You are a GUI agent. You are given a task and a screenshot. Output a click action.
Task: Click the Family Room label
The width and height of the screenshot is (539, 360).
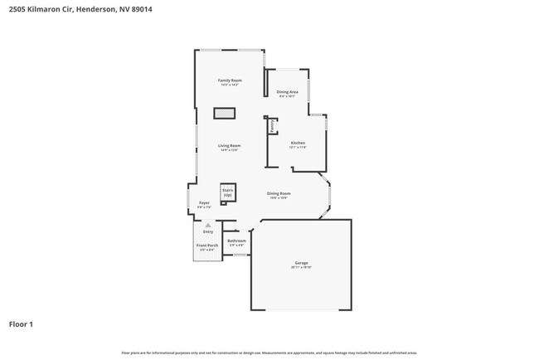tap(230, 80)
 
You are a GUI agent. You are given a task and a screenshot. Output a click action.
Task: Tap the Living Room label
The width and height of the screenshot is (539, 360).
tap(230, 145)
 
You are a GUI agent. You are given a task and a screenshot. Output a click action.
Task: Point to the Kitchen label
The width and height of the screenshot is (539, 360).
tap(299, 143)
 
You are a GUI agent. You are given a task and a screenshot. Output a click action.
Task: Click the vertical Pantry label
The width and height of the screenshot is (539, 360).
tap(272, 125)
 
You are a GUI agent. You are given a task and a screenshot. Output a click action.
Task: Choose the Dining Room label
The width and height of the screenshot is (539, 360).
tap(279, 192)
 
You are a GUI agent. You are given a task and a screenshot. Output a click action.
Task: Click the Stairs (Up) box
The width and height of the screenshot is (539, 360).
tap(227, 192)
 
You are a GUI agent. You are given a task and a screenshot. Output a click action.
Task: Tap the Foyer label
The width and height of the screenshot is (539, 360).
tap(204, 202)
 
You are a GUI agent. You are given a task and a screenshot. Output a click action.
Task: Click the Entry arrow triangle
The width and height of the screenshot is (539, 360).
tap(208, 225)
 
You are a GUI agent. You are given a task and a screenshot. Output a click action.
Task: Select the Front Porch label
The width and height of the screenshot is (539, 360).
tap(207, 246)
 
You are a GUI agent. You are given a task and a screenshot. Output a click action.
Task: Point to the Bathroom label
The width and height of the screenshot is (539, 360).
tap(237, 241)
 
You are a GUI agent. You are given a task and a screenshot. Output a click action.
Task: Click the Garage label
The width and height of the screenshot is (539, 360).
tap(300, 263)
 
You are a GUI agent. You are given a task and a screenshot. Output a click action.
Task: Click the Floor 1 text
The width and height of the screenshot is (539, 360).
tap(21, 324)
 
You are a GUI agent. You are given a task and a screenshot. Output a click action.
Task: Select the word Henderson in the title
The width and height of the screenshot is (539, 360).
tap(93, 9)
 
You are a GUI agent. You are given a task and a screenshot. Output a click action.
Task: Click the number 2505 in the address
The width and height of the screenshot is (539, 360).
tap(19, 9)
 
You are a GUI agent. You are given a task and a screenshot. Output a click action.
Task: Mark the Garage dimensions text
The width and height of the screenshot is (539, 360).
tap(300, 268)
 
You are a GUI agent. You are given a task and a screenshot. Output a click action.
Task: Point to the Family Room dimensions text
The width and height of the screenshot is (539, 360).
tap(230, 85)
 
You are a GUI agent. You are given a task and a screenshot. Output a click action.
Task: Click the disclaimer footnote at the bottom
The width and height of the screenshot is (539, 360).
tap(269, 353)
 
